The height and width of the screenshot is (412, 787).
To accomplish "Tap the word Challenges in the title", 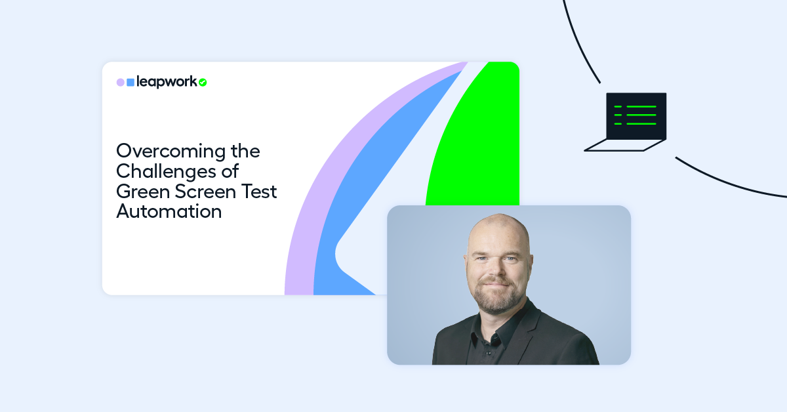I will [x=169, y=171].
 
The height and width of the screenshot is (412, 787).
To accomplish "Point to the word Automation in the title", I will [x=169, y=212].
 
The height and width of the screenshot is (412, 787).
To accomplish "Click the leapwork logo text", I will [x=167, y=82].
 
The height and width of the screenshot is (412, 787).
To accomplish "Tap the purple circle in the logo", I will [x=121, y=83].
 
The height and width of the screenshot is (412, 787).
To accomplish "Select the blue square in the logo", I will [x=131, y=83].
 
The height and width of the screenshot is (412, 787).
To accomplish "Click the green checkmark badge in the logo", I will [x=203, y=83].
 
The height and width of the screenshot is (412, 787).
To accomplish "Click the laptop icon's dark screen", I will [x=636, y=115].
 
